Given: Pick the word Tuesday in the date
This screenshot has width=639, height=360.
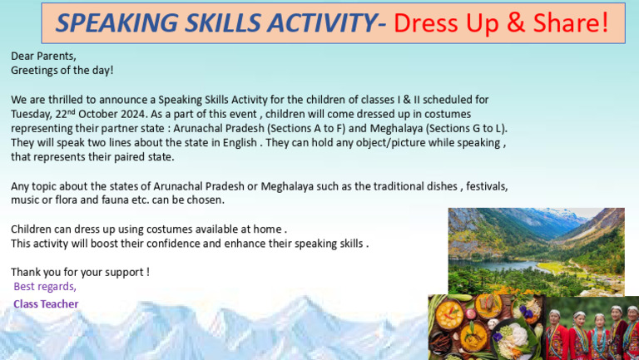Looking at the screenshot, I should (32, 114).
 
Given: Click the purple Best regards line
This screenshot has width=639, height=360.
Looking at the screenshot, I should (45, 287).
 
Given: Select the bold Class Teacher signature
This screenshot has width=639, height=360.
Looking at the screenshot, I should (46, 304).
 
